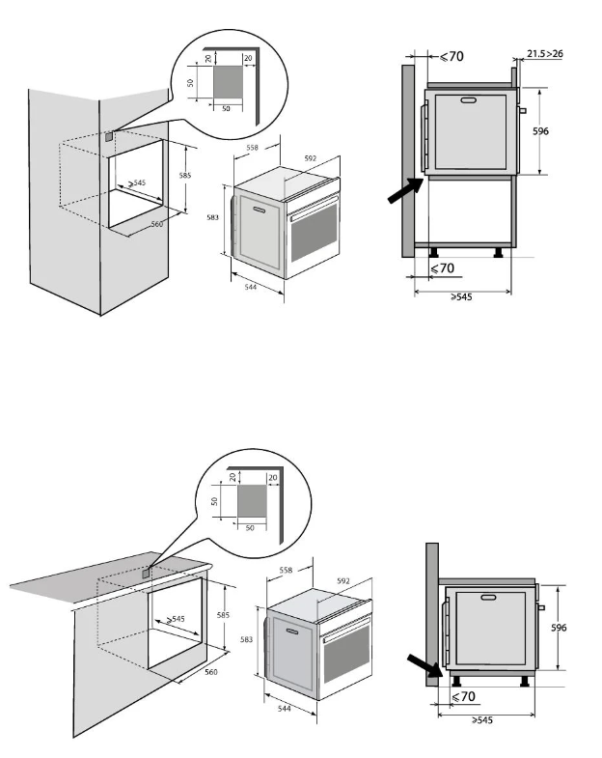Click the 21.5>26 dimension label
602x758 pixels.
(x=544, y=55)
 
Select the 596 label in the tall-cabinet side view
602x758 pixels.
(x=541, y=130)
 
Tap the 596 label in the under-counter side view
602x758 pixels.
(x=557, y=627)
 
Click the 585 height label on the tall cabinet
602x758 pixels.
(x=185, y=175)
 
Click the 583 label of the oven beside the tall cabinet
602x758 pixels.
(x=214, y=217)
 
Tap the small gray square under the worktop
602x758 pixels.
(x=147, y=573)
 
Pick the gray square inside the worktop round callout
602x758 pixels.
(x=252, y=502)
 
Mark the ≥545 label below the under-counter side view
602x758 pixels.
(x=485, y=721)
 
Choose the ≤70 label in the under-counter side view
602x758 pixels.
(x=463, y=696)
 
